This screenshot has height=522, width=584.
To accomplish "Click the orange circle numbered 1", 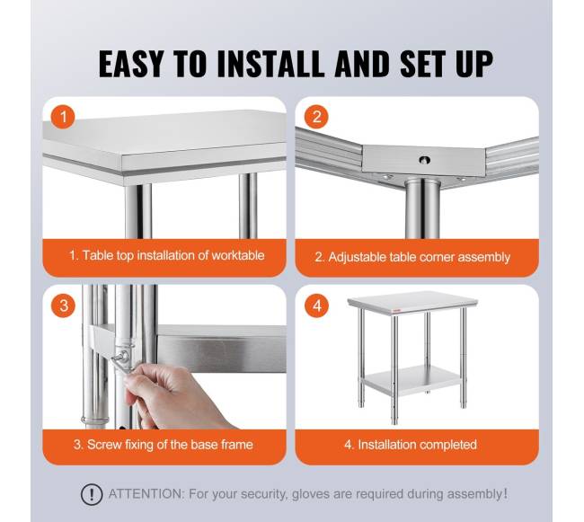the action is [63, 117].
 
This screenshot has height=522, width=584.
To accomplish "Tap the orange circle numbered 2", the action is [316, 117].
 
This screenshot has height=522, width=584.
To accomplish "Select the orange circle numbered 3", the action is [63, 305].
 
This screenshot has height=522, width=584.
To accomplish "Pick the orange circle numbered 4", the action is [317, 305].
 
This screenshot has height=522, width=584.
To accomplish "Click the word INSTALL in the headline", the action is [271, 64].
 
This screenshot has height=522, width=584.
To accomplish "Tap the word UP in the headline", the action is [474, 64].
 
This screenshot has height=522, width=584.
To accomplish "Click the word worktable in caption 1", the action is [238, 255].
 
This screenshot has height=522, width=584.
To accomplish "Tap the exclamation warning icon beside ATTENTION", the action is [92, 494].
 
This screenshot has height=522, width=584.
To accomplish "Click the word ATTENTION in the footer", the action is [146, 494].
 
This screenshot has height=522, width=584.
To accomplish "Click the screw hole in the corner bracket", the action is [424, 160].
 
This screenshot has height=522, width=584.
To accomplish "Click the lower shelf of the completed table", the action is [414, 379].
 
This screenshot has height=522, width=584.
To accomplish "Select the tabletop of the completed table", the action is [412, 302].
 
